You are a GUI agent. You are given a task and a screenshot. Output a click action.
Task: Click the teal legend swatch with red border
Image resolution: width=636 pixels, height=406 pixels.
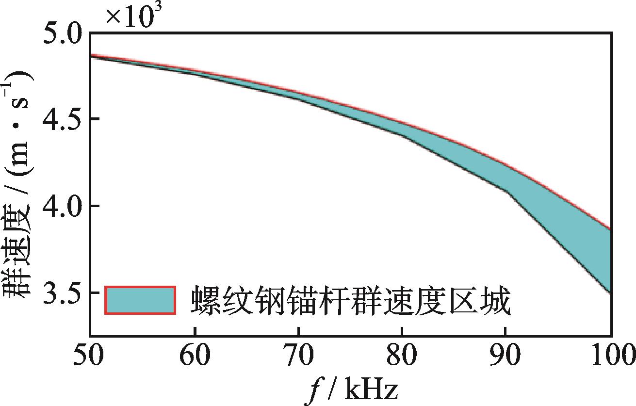coord(140,300)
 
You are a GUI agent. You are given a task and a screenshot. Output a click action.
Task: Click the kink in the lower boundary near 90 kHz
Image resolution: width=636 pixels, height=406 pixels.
coord(508,193)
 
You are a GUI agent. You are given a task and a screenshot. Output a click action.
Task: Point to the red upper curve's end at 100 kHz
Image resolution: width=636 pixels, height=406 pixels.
coord(610,229)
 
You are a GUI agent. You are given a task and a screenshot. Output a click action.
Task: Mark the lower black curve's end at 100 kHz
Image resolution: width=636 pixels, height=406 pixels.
coord(610,293)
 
